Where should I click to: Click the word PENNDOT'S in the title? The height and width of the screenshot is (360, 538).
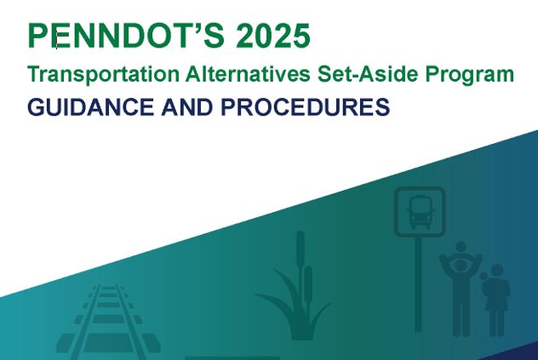[x=126, y=36]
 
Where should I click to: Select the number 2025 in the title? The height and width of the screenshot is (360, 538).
[x=273, y=36]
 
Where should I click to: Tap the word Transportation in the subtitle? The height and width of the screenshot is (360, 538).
[x=103, y=75]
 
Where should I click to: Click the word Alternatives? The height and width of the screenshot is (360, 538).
[x=248, y=74]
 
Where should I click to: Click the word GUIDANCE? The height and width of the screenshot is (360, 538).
[x=90, y=106]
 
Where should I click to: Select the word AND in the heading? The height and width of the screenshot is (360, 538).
[x=186, y=106]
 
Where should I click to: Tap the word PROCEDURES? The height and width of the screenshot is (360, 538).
[x=306, y=106]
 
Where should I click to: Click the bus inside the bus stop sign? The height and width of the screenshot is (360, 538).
[x=420, y=212]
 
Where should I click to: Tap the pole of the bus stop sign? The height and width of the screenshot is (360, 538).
[x=418, y=284]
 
